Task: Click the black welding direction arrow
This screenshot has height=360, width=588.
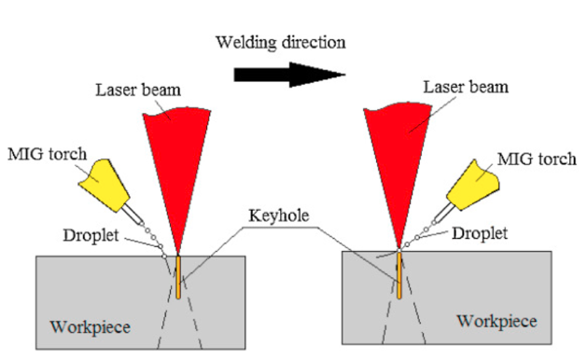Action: click(289, 75)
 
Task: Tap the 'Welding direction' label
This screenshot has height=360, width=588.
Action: click(281, 42)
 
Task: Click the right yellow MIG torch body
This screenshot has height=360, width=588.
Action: click(473, 185)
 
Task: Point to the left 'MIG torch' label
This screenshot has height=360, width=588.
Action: click(48, 154)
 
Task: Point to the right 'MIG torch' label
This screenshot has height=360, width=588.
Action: click(537, 159)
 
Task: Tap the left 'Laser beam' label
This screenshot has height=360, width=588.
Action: click(138, 90)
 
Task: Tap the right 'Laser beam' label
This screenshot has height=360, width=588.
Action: click(466, 87)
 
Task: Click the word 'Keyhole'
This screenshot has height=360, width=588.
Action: click(279, 215)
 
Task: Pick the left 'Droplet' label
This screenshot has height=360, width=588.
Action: click(91, 235)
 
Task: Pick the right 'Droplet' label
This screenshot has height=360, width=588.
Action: click(480, 233)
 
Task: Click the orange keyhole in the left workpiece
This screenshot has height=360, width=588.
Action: click(178, 277)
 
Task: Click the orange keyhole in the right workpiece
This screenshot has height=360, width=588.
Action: click(399, 275)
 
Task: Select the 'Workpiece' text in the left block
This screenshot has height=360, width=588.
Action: click(91, 327)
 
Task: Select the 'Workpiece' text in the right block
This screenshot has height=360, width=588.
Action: click(497, 322)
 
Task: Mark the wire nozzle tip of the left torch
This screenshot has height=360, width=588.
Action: click(141, 221)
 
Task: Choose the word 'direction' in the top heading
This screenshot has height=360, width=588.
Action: click(314, 42)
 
